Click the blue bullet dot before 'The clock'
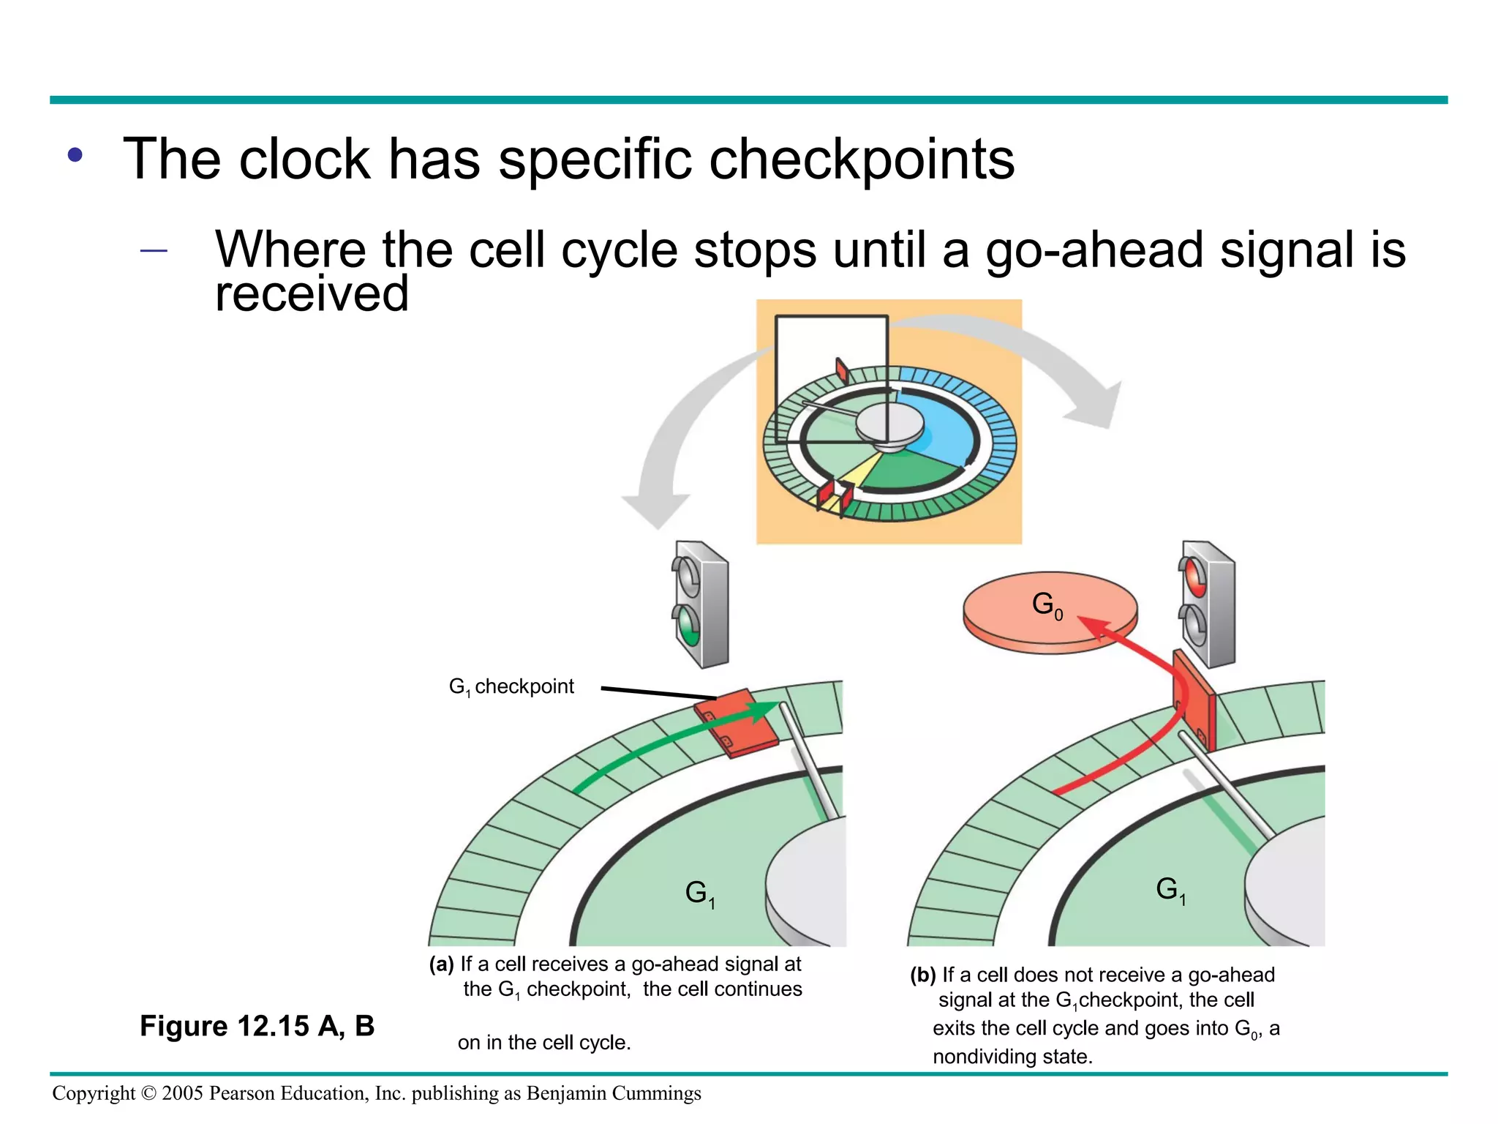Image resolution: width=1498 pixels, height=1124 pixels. pos(75,155)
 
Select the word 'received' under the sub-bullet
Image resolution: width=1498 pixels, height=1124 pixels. pos(312,293)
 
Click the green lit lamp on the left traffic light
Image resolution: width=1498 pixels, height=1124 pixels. pos(688,625)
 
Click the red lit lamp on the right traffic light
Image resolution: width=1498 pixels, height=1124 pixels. pos(1194,576)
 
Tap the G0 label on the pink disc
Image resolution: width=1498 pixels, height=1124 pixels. pos(1047,605)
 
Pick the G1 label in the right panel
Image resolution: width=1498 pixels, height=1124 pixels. pos(1170,890)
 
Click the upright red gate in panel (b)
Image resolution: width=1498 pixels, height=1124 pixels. pos(1194,700)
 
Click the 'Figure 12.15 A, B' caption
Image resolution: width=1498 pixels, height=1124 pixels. pos(257,1026)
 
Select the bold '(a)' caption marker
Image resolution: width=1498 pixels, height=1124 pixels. pos(442,964)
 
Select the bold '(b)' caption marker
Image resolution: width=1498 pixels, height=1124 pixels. pos(923,975)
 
